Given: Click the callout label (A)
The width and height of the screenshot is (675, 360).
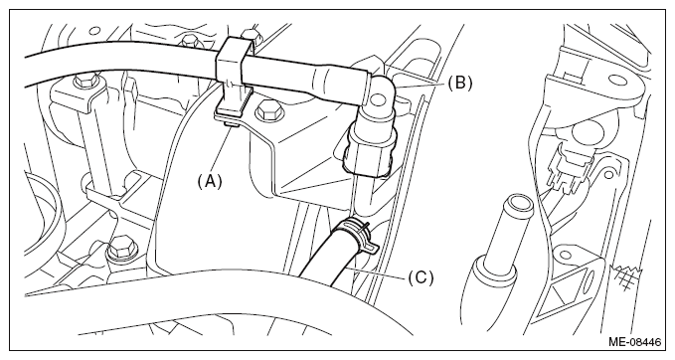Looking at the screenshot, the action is click(x=210, y=182).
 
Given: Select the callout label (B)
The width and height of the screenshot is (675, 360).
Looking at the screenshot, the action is click(x=459, y=83).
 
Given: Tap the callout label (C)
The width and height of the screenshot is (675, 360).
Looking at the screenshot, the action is click(x=421, y=277).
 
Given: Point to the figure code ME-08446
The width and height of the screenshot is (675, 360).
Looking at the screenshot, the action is click(x=634, y=342).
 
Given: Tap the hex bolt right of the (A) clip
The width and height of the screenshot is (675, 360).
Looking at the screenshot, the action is click(x=267, y=113).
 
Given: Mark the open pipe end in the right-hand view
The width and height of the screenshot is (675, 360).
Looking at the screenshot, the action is click(x=517, y=203).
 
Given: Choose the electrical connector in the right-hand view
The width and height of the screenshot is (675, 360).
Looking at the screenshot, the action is click(x=569, y=168).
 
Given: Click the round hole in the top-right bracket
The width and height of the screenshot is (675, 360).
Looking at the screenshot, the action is click(x=618, y=81).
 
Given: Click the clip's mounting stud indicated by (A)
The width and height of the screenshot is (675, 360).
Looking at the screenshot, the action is click(x=232, y=124).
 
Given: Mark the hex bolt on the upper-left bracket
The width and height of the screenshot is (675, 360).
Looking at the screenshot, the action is click(x=84, y=82).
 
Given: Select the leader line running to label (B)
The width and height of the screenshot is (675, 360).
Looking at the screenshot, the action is click(x=419, y=85).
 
